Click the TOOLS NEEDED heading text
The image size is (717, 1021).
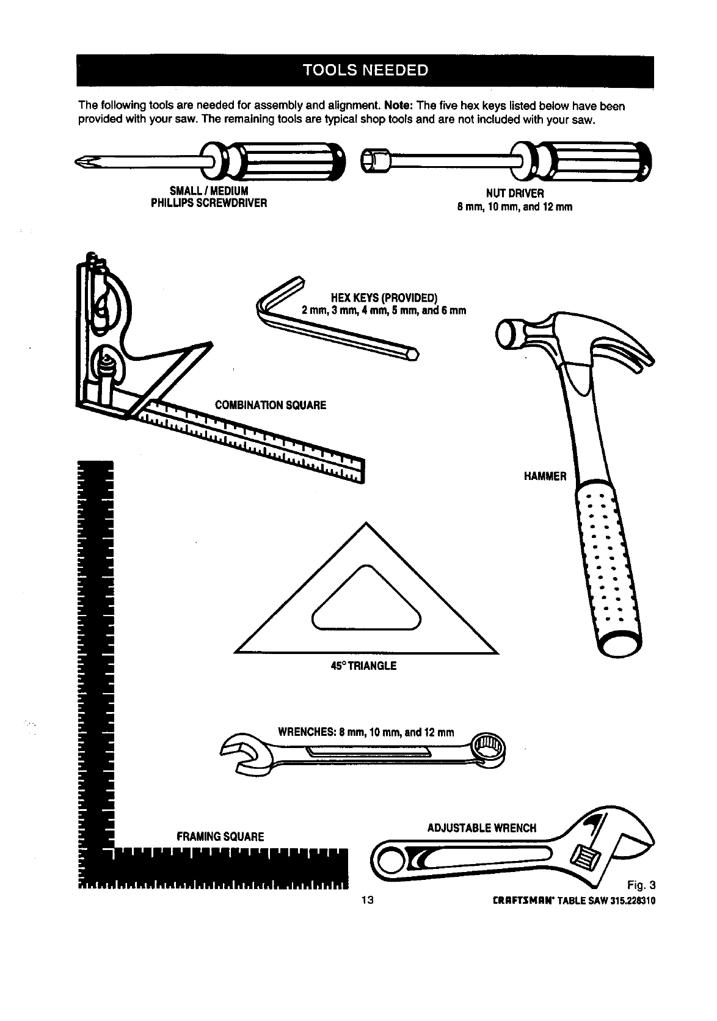point(365,70)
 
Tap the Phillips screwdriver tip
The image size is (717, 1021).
point(82,161)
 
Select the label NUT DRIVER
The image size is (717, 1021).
point(514,194)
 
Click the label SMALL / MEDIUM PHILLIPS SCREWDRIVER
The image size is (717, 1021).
point(209,198)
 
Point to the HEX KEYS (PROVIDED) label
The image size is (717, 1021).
point(384,298)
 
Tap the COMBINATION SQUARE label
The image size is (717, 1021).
point(271,405)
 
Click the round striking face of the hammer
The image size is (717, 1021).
point(506,335)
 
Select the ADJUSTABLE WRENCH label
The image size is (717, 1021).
point(481,828)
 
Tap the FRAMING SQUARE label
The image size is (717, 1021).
point(220,837)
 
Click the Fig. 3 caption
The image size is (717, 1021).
point(641,886)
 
